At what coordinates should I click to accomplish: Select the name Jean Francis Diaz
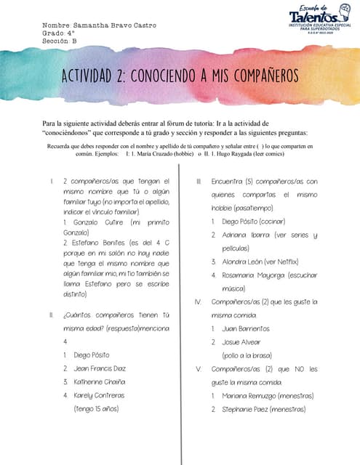100,368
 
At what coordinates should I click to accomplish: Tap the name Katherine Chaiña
100,381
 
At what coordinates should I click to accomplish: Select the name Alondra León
239,262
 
